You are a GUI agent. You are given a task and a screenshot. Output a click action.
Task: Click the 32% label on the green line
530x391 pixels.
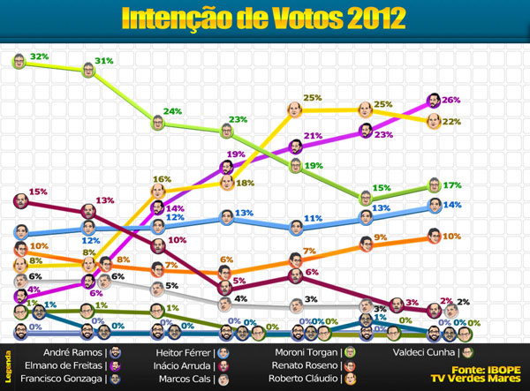point(39,56)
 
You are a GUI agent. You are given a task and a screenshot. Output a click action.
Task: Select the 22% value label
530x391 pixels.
point(451,122)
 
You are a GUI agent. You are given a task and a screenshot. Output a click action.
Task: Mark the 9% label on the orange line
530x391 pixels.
point(381,237)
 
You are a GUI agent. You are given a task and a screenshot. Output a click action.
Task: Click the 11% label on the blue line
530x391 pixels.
point(312,218)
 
